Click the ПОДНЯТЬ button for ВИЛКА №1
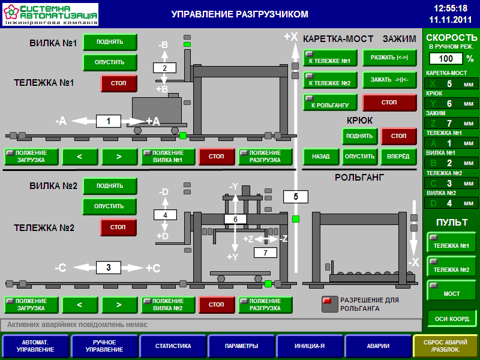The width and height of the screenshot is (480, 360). [x=110, y=42]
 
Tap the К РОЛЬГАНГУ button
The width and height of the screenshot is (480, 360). [x=330, y=103]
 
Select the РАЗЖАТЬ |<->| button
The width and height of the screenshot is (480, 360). [x=389, y=58]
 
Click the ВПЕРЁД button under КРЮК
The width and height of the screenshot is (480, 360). [x=398, y=157]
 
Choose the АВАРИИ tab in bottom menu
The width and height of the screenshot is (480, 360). [x=378, y=346]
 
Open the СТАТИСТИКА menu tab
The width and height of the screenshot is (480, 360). [x=173, y=346]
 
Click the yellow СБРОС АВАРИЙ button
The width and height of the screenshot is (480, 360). [x=446, y=346]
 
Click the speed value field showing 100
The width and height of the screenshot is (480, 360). [x=446, y=59]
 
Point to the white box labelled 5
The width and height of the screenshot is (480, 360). [x=295, y=196]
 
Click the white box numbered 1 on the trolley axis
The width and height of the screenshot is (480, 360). [x=109, y=121]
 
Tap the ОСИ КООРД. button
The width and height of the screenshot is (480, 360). [x=452, y=318]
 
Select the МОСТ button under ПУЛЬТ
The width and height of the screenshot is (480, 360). [x=452, y=290]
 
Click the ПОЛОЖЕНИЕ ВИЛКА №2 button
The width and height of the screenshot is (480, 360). [x=169, y=305]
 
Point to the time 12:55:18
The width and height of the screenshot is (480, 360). [x=450, y=8]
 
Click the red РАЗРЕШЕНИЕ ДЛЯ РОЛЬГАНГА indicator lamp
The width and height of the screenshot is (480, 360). [x=328, y=300]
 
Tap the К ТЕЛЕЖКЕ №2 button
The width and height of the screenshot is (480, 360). [x=330, y=80]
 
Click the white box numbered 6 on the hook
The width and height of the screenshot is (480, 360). [x=235, y=220]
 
